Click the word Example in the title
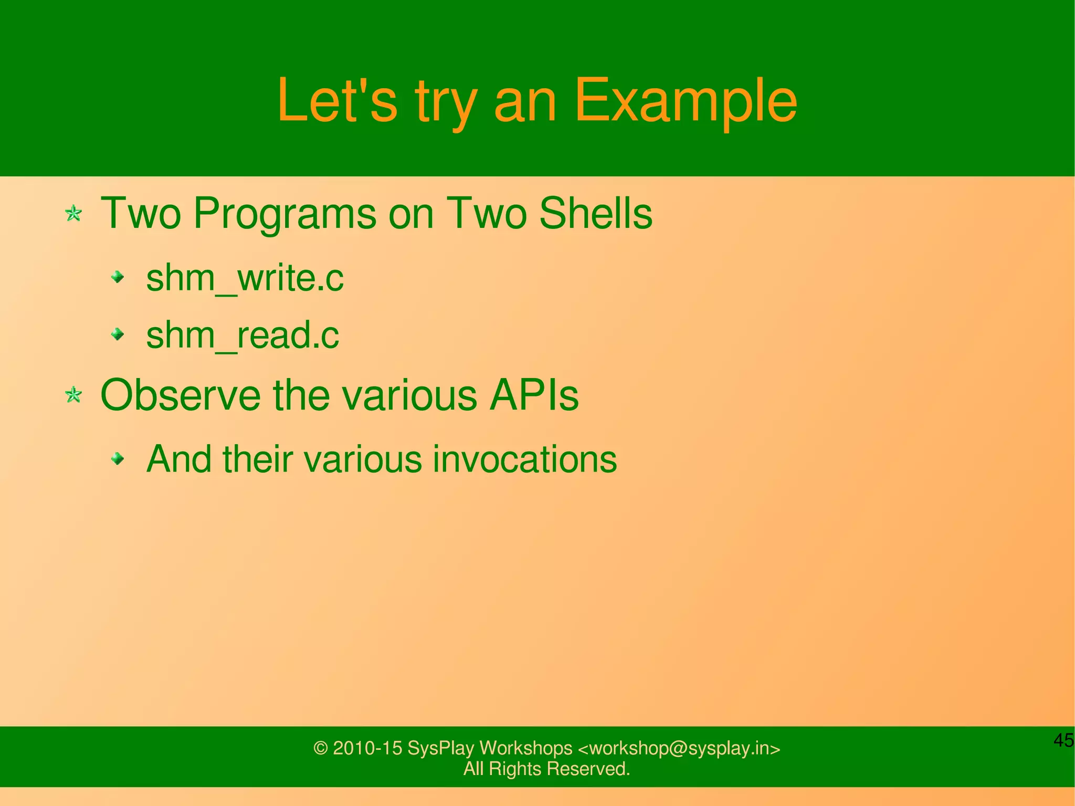[686, 101]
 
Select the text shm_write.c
[245, 278]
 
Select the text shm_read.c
[243, 335]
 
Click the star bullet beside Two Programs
[73, 214]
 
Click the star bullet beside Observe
[73, 395]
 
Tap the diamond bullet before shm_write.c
[119, 277]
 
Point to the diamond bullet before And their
[119, 459]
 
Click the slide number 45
[1063, 740]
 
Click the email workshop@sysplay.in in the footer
[679, 748]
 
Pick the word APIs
[533, 395]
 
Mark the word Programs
[284, 214]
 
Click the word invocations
[524, 459]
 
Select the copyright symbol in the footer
[320, 748]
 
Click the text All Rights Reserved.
[546, 769]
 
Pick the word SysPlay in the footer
[440, 748]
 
